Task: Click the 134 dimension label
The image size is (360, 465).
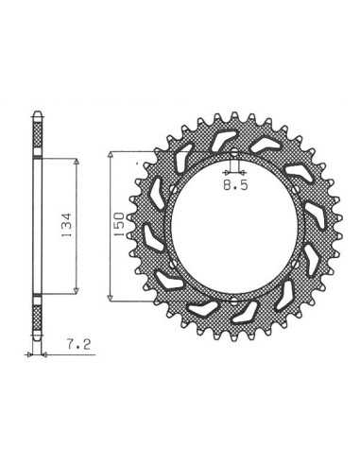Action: [67, 225]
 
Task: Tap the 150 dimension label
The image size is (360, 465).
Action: [119, 224]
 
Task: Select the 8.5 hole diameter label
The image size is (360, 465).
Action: [235, 185]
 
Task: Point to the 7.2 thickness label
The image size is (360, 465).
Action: [78, 344]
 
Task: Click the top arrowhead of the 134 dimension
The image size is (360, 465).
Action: [76, 162]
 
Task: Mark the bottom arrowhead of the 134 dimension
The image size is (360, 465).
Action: [76, 290]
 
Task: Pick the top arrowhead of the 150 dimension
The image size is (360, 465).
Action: [110, 155]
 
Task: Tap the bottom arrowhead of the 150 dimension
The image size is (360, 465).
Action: [110, 298]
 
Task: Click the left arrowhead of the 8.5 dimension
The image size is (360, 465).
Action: [226, 172]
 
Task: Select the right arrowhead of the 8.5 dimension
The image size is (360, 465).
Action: [242, 172]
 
